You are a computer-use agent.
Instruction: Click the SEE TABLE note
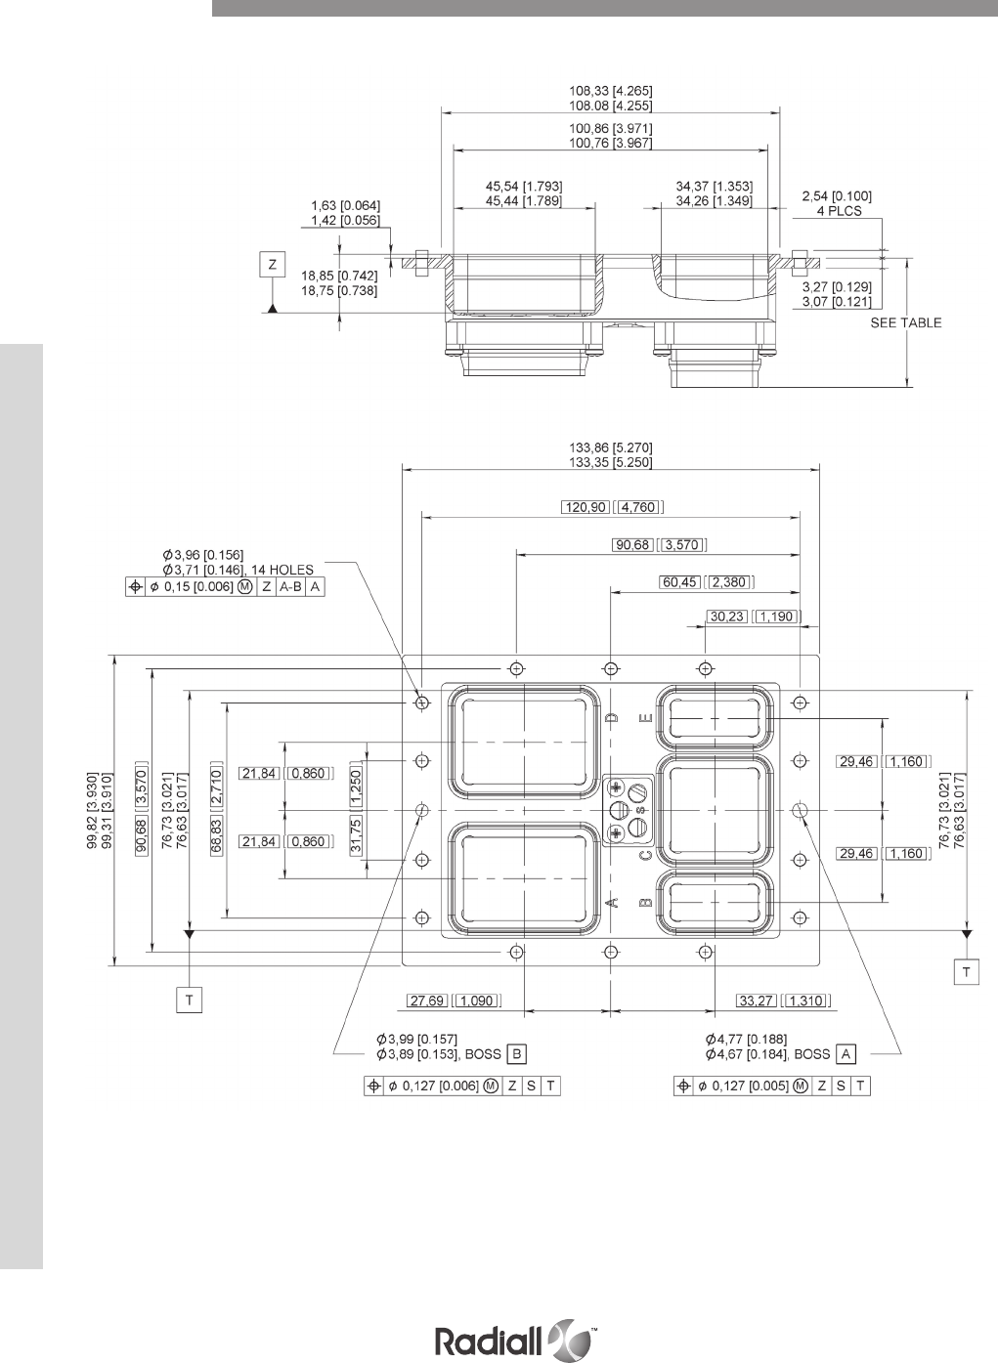coord(906,322)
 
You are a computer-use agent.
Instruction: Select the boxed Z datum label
coord(274,264)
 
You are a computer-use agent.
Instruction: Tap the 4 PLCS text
coord(839,210)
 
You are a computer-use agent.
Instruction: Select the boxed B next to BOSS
coord(518,1053)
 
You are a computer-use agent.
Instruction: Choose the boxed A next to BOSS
coord(846,1053)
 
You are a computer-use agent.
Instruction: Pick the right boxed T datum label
coord(967,971)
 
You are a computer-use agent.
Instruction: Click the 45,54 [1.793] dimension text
coord(524,185)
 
